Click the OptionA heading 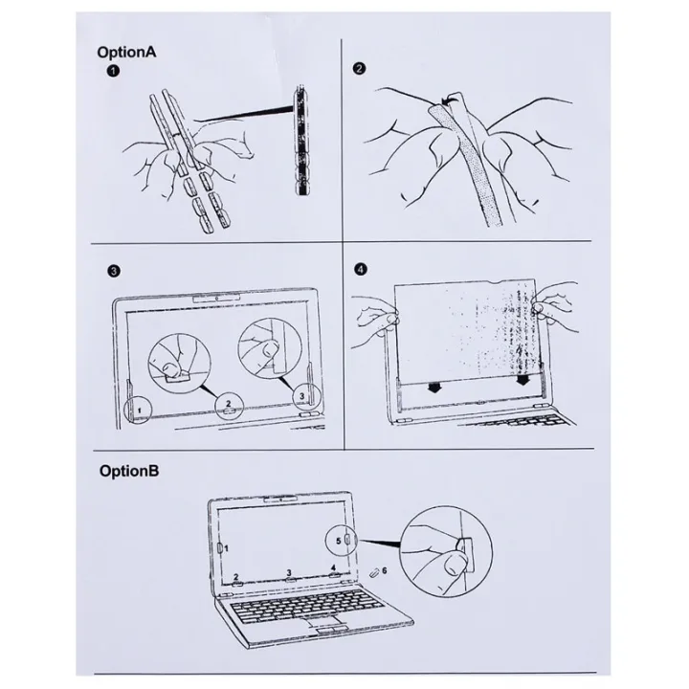127,53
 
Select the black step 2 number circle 359,69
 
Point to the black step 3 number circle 113,269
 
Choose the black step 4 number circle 359,269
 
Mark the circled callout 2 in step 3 226,402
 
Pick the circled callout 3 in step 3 301,393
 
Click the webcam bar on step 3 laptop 219,299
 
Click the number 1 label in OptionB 227,549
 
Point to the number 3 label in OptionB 288,573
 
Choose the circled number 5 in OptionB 339,540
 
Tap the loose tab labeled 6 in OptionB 373,573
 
